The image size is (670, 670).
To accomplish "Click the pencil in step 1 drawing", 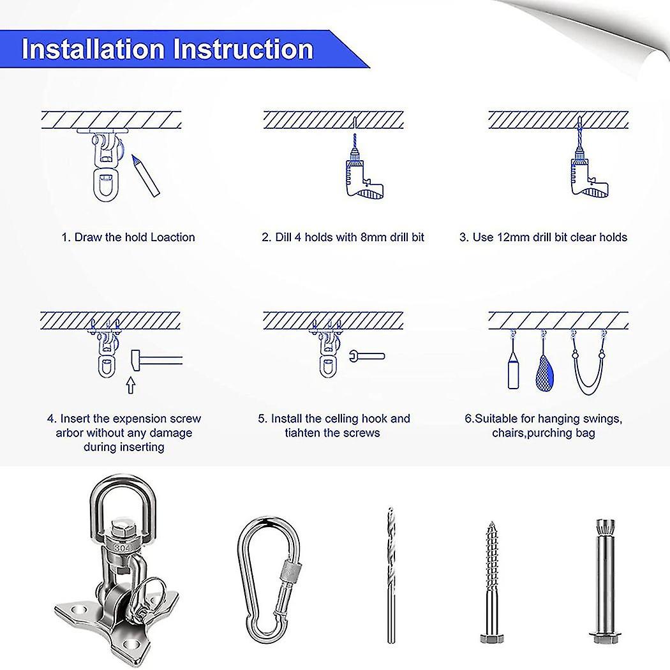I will [x=146, y=175].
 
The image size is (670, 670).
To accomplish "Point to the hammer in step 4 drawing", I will [x=153, y=361].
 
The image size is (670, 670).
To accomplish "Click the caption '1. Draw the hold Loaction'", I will [x=128, y=237].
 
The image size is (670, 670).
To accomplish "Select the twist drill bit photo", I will [x=389, y=575].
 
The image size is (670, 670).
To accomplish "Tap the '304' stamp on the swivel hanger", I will [x=121, y=546].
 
